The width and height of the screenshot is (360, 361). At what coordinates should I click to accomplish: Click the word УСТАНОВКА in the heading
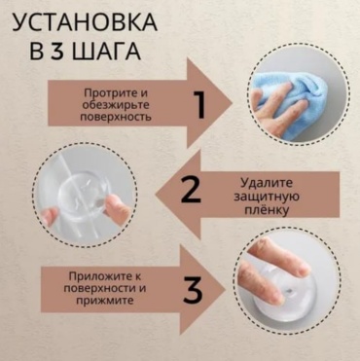[x=85, y=23]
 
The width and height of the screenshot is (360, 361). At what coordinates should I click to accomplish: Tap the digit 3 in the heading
[x=58, y=51]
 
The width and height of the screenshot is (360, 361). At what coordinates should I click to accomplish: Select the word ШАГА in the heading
[x=106, y=51]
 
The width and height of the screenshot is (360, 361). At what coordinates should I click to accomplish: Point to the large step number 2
[x=191, y=191]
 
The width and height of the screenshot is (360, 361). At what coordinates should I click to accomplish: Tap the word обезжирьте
[x=116, y=105]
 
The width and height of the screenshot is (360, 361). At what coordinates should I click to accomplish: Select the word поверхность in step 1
[x=116, y=117]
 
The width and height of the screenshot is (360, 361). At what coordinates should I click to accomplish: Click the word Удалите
[x=267, y=183]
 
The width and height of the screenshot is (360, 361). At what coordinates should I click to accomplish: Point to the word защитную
[x=267, y=197]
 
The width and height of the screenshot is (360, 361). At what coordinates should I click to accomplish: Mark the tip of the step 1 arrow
[x=233, y=104]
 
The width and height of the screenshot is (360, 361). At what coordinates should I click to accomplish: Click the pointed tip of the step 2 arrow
[x=157, y=195]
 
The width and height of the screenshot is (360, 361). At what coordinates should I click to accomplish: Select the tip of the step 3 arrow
[x=225, y=290]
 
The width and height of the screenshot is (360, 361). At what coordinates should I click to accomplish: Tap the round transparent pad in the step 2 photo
[x=84, y=196]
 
